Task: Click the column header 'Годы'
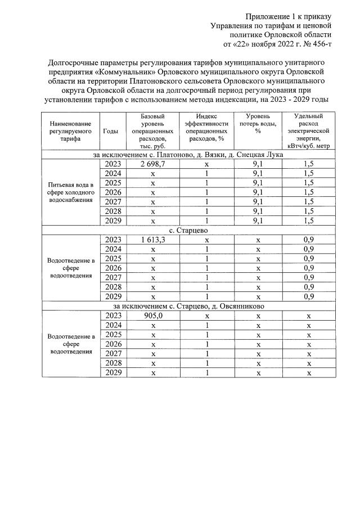pyautogui.click(x=111, y=131)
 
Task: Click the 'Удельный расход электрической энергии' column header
pyautogui.click(x=308, y=131)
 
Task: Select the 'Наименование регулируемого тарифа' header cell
pyautogui.click(x=70, y=131)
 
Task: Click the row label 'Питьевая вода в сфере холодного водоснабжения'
pyautogui.click(x=70, y=192)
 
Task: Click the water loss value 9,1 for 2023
pyautogui.click(x=258, y=163)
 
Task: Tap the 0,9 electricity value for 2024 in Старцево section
pyautogui.click(x=308, y=249)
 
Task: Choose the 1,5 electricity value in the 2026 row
pyautogui.click(x=308, y=191)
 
